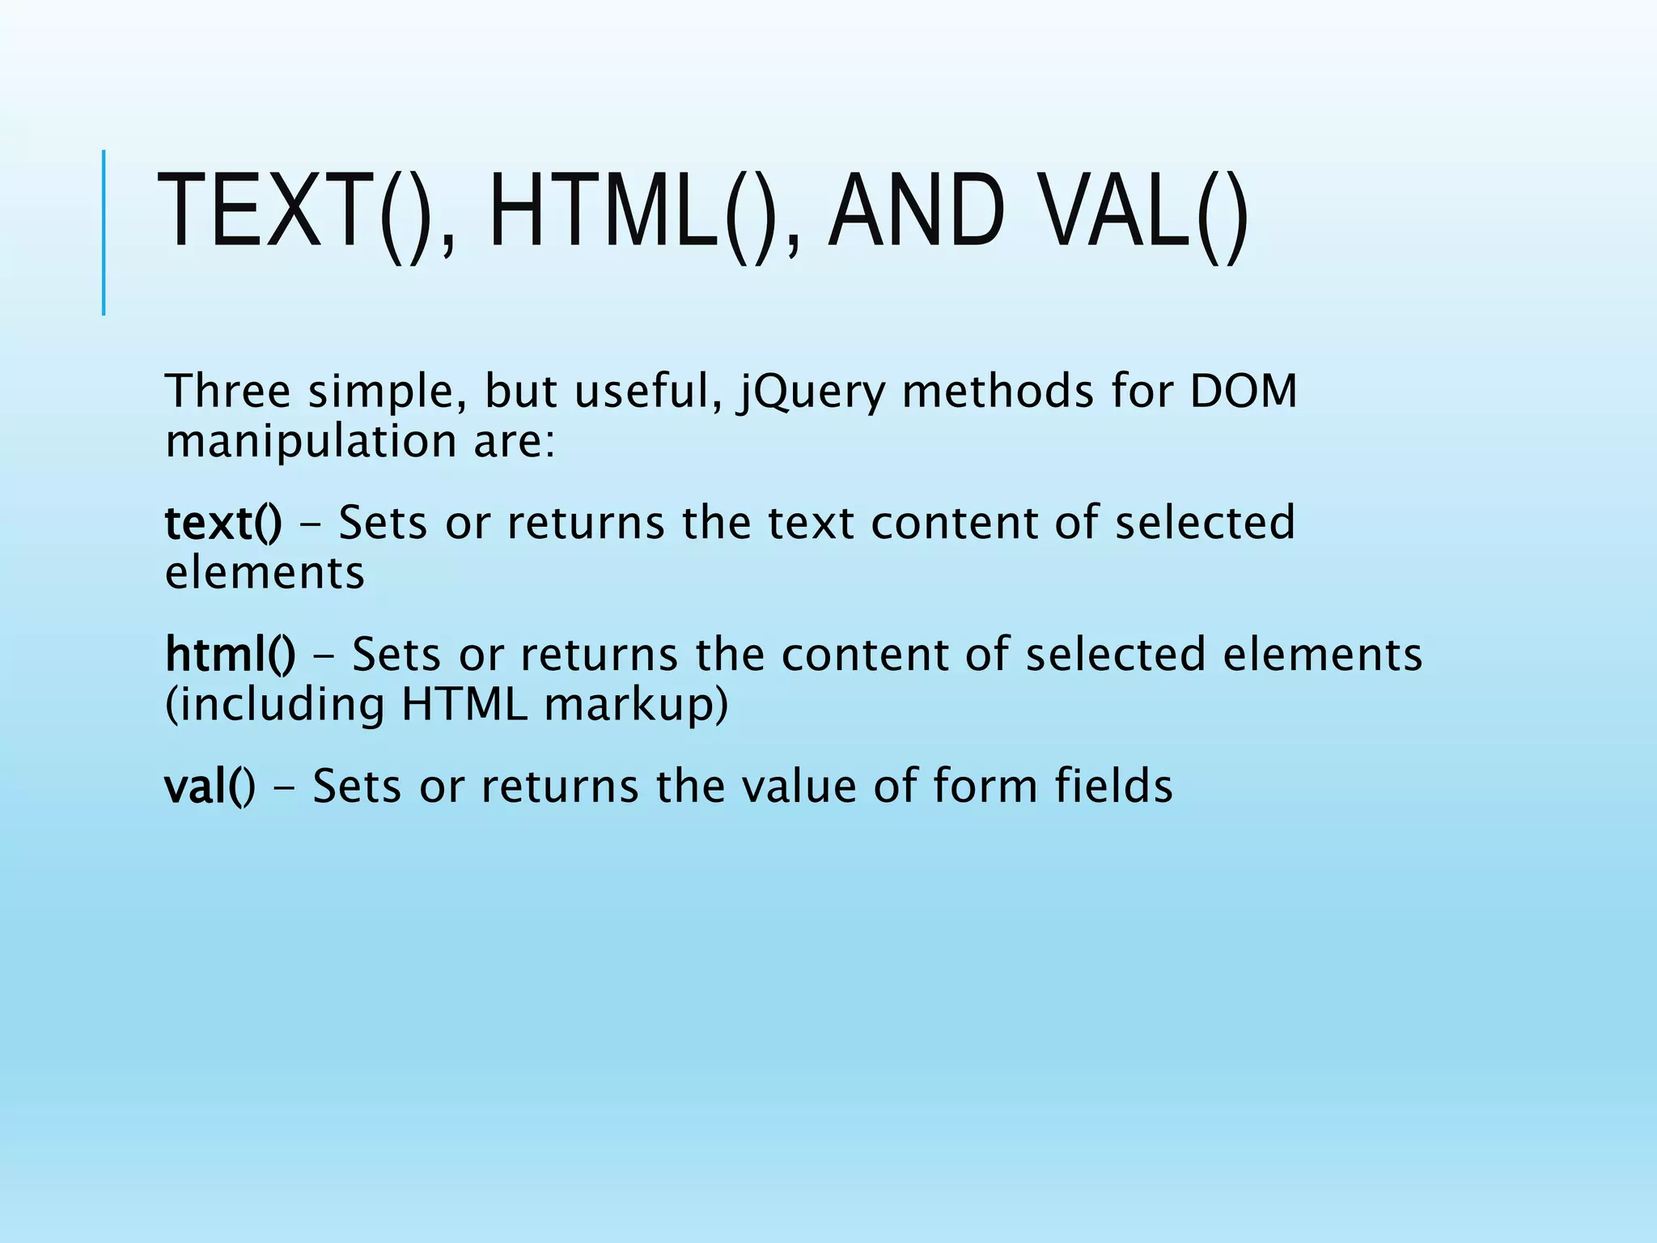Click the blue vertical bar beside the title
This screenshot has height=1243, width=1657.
pyautogui.click(x=104, y=232)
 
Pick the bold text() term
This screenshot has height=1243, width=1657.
pyautogui.click(x=223, y=523)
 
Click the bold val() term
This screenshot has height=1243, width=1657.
pyautogui.click(x=210, y=786)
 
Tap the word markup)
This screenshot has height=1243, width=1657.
pyautogui.click(x=636, y=706)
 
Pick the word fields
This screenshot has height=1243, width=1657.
pyautogui.click(x=1113, y=786)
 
